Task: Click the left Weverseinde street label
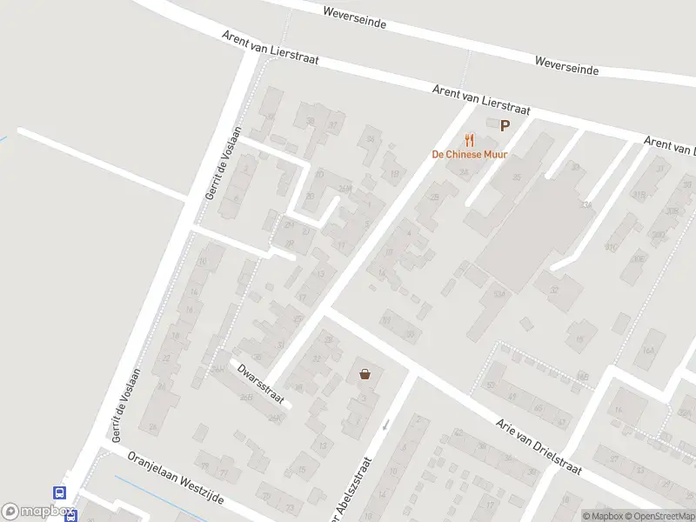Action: click(x=354, y=18)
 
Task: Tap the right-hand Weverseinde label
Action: click(x=567, y=64)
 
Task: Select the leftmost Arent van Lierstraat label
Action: click(x=270, y=47)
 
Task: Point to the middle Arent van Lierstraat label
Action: click(x=482, y=99)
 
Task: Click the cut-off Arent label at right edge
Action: click(x=670, y=146)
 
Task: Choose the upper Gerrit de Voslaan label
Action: click(x=223, y=163)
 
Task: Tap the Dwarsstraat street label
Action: click(x=259, y=383)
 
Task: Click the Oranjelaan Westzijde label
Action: click(x=176, y=475)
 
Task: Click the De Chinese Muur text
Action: click(x=470, y=155)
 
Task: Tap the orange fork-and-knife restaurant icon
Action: click(x=470, y=139)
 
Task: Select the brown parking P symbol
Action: click(x=505, y=126)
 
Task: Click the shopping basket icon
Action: click(x=365, y=374)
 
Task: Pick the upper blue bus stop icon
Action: click(x=60, y=492)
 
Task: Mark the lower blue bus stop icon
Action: click(x=70, y=515)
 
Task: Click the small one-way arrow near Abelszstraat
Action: click(x=386, y=424)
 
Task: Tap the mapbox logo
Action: click(x=35, y=512)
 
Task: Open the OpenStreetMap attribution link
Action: click(x=658, y=516)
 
